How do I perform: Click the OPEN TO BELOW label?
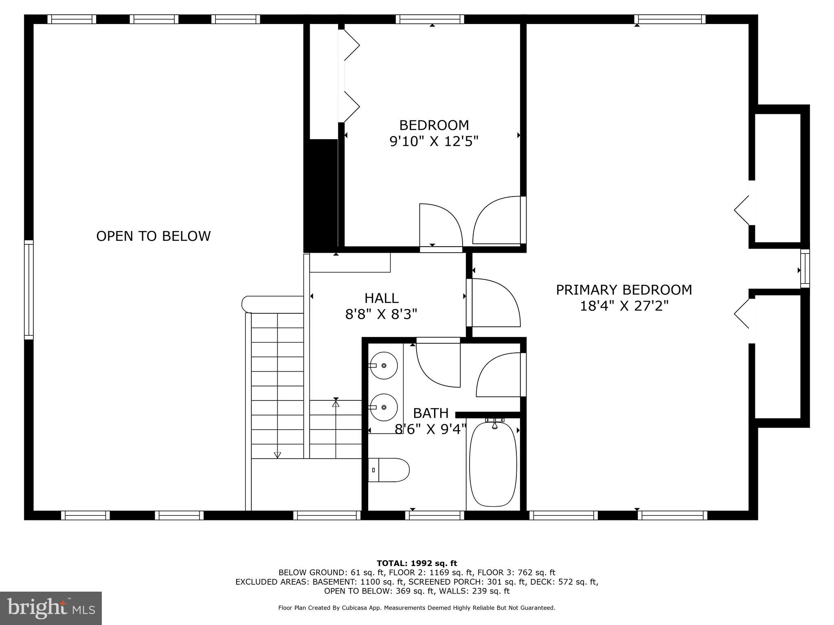pos(153,236)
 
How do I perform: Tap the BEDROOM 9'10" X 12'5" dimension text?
pos(434,142)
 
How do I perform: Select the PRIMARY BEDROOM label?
pos(624,290)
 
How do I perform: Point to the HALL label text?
pos(381,298)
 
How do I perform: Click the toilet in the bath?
pos(389,470)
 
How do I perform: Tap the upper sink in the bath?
pos(384,365)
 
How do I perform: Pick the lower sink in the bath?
pos(384,407)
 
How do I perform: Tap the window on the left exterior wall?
pos(29,290)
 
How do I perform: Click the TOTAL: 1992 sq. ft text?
pos(417,564)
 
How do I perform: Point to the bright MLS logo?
pos(51,608)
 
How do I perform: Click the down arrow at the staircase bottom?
pos(277,455)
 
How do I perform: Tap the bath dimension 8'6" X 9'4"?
pos(430,429)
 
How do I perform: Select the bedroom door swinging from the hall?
pos(441,226)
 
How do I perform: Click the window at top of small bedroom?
pos(430,19)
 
